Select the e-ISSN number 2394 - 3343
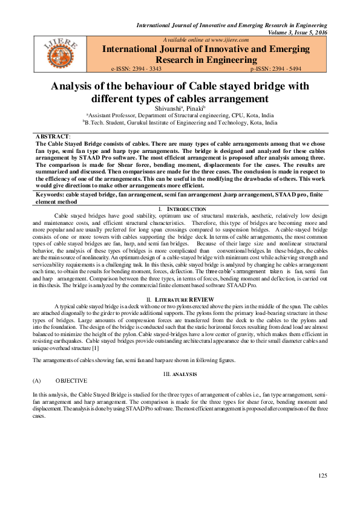pyautogui.click(x=153, y=70)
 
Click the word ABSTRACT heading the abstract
pyautogui.click(x=53, y=137)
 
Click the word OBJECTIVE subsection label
pyautogui.click(x=71, y=381)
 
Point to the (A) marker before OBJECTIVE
pyautogui.click(x=36, y=381)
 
